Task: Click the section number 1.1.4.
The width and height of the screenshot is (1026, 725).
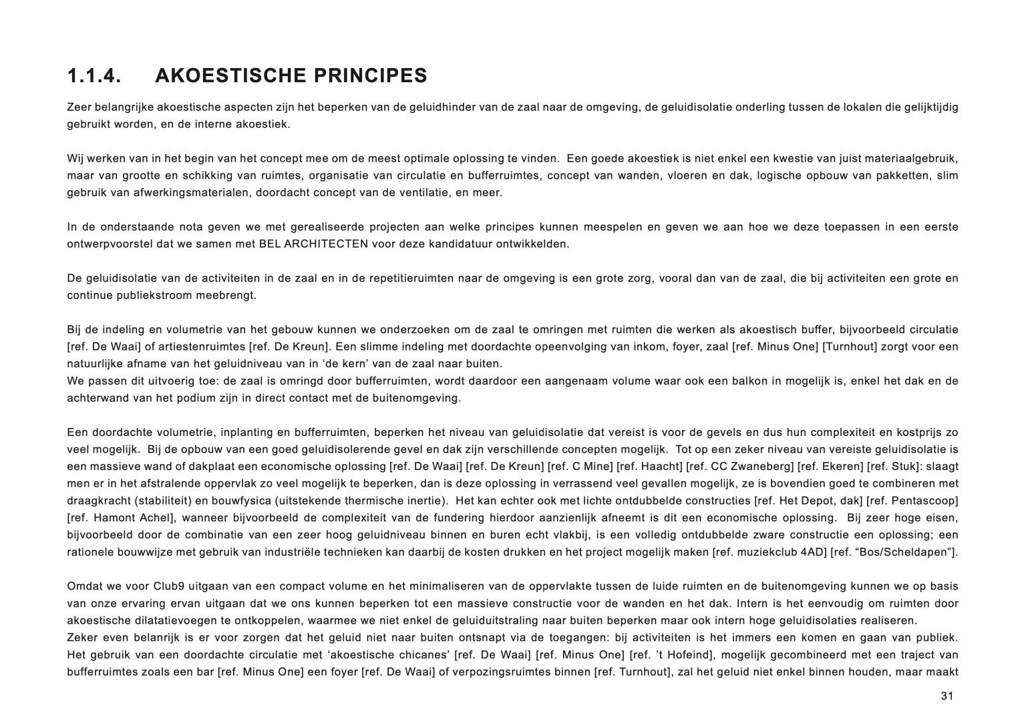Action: [94, 76]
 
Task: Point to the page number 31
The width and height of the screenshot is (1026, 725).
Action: [947, 696]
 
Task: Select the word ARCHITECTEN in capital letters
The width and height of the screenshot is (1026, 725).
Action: [326, 244]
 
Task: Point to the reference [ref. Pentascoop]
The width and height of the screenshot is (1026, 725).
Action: [919, 501]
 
